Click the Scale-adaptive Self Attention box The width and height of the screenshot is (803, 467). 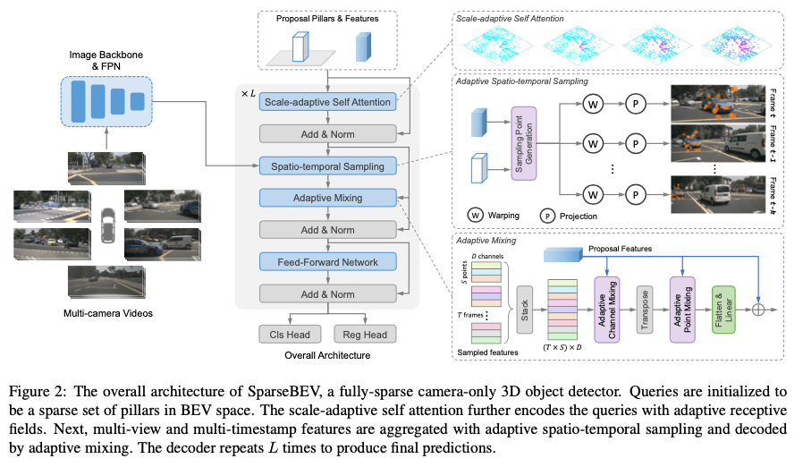click(x=327, y=102)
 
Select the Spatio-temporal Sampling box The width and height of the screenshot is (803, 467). click(x=327, y=166)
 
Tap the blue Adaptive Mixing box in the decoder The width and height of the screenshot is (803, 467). click(x=327, y=198)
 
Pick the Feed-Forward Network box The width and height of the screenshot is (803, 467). click(x=327, y=261)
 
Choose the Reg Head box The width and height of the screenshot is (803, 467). click(x=365, y=334)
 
